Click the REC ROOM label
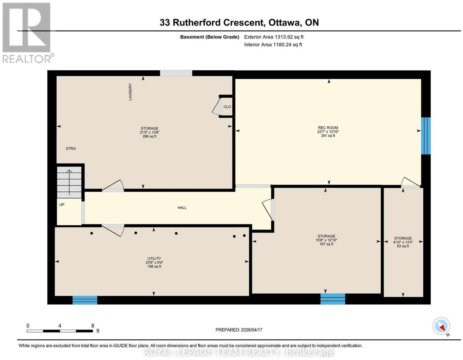[x=328, y=128]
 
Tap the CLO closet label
[x=227, y=107]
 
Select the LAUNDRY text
[x=130, y=92]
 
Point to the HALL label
[x=182, y=208]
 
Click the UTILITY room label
[x=154, y=259]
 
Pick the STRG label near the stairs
[x=71, y=149]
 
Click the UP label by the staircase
[x=62, y=205]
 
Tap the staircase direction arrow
[x=69, y=182]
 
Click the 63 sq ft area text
[x=403, y=246]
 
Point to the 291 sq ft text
[x=328, y=136]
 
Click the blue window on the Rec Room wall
[x=426, y=136]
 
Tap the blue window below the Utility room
[x=85, y=300]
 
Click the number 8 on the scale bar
[x=93, y=326]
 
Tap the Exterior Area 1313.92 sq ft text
[x=274, y=37]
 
